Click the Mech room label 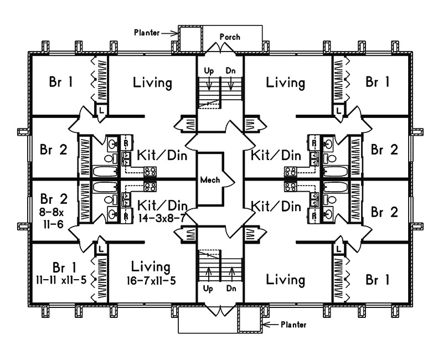[x=210, y=179]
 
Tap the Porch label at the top [x=230, y=37]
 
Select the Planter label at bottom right [x=293, y=325]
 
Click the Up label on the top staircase [x=209, y=70]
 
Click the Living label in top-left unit [x=152, y=83]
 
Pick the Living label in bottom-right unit [x=286, y=280]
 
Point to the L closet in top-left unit [x=102, y=111]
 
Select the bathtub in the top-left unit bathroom [x=104, y=171]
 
